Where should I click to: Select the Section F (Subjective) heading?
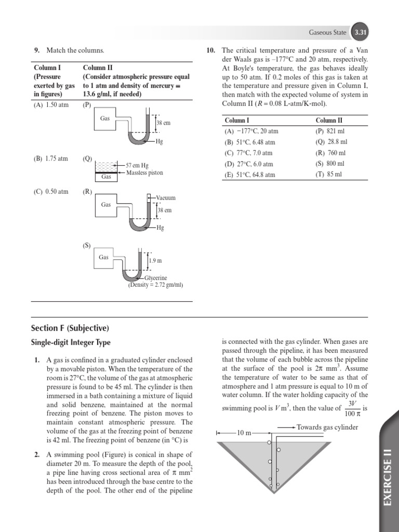coord(70,328)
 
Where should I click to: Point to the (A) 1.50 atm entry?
coord(51,104)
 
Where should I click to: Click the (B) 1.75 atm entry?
coord(51,158)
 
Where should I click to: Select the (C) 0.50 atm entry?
coord(51,191)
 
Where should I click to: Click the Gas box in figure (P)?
coord(105,119)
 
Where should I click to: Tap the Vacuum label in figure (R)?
coord(166,198)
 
